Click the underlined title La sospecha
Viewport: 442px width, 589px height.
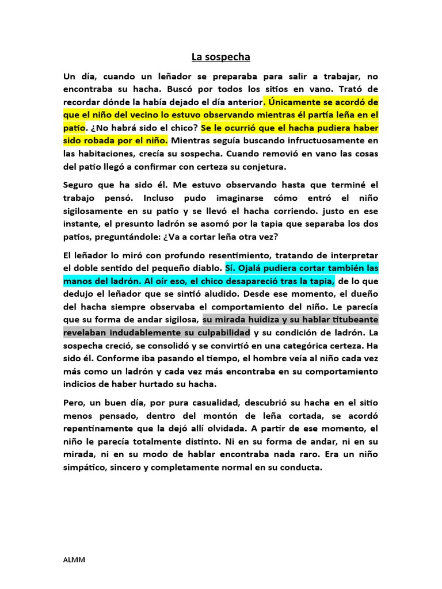[x=221, y=57]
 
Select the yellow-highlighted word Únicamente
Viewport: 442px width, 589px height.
[x=298, y=102]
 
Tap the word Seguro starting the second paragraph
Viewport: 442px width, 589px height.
[x=79, y=185]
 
